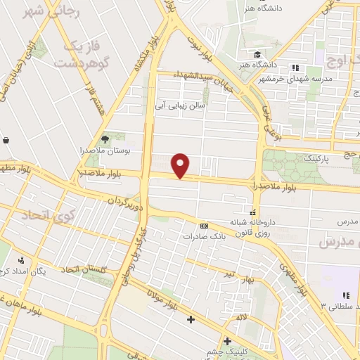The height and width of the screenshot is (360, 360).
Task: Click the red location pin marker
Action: coord(181,165)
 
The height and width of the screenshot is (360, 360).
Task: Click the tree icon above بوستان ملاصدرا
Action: coord(105,139)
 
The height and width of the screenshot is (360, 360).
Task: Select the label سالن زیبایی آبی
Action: coord(181,105)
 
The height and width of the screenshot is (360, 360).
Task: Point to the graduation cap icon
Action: coord(259,54)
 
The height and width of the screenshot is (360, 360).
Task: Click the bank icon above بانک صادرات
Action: coord(204,226)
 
